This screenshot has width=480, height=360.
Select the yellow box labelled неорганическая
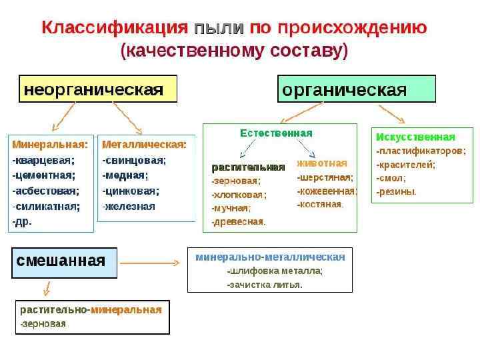pyautogui.click(x=97, y=89)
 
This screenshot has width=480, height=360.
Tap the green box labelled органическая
pyautogui.click(x=356, y=89)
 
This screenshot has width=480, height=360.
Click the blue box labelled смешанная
pyautogui.click(x=65, y=261)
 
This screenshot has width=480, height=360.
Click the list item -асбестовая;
pyautogui.click(x=45, y=191)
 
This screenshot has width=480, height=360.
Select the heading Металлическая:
pyautogui.click(x=144, y=143)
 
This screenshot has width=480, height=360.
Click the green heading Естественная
pyautogui.click(x=276, y=133)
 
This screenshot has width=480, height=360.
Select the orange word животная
pyautogui.click(x=322, y=163)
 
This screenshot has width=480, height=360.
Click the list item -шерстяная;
pyautogui.click(x=325, y=177)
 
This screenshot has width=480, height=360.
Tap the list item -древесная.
pyautogui.click(x=239, y=221)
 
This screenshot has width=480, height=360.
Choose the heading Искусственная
pyautogui.click(x=416, y=137)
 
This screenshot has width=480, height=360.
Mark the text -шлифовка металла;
pyautogui.click(x=275, y=271)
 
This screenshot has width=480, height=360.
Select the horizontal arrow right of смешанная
pyautogui.click(x=150, y=263)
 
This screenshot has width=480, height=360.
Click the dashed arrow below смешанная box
pyautogui.click(x=45, y=288)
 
